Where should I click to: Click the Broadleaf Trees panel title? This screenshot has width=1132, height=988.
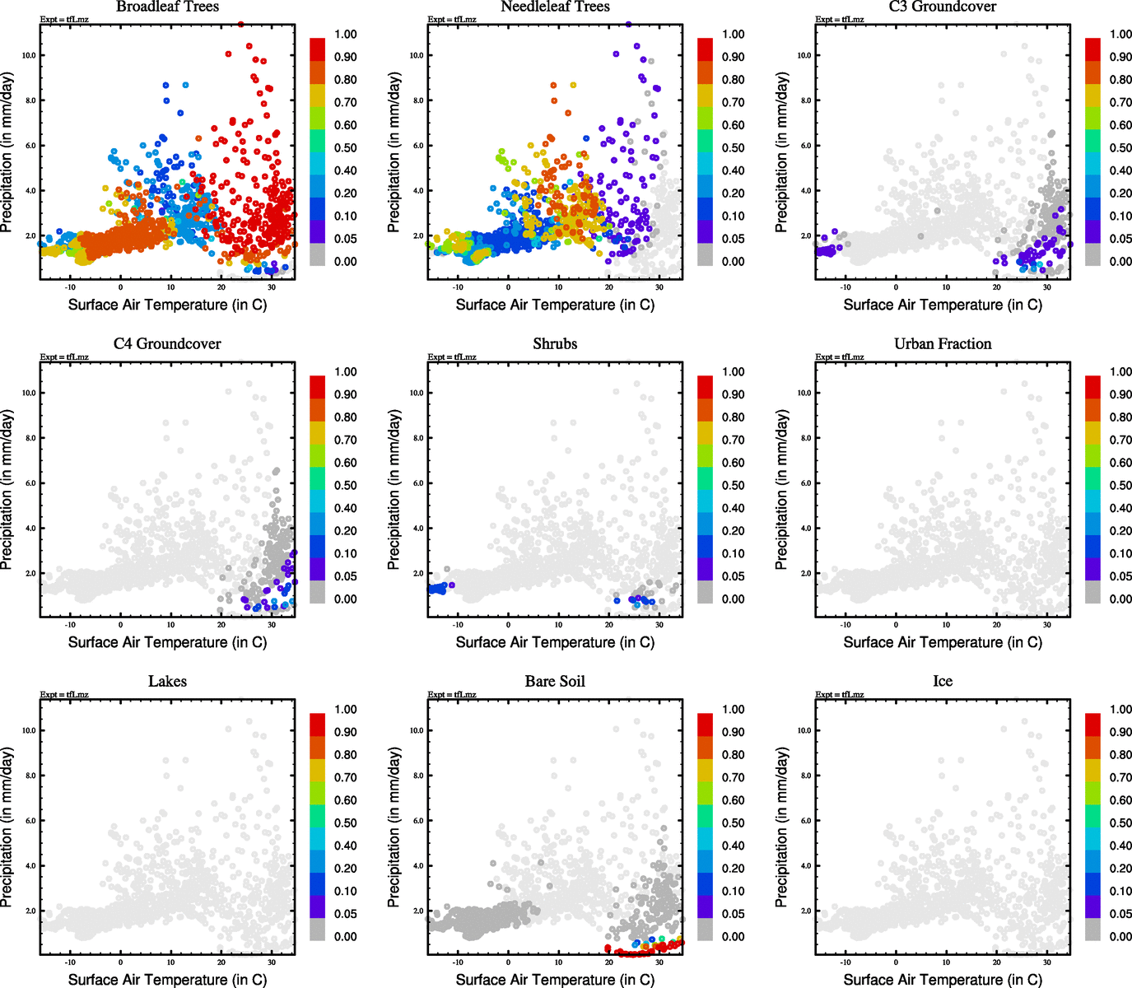pos(167,7)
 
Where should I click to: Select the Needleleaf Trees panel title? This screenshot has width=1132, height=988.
pos(555,7)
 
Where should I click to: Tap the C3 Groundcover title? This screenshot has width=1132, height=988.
pos(943,7)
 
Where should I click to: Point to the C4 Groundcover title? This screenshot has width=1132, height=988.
pos(167,344)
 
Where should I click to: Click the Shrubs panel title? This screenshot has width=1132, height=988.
pos(555,344)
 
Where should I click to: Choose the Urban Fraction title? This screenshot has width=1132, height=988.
pos(943,344)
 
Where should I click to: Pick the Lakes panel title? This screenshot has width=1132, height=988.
pos(167,682)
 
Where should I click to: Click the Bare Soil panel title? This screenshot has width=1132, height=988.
pos(555,682)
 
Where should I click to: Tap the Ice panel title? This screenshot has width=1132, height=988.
pos(943,682)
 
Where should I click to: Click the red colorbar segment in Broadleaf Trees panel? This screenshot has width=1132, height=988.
pos(318,49)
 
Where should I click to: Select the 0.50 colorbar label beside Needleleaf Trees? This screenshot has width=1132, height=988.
pos(734,148)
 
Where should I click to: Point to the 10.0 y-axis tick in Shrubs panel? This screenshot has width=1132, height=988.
pos(417,394)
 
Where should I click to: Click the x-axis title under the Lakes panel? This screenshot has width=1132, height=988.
pos(167,980)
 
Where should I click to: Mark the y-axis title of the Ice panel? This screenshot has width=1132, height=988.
pos(781,827)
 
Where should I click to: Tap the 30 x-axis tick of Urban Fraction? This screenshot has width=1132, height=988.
pos(1047,625)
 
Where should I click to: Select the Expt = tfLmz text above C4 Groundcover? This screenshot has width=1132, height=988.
pos(64,357)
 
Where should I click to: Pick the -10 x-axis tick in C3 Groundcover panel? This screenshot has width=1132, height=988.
pos(846,287)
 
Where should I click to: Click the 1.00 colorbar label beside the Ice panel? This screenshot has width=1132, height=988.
pos(1120,710)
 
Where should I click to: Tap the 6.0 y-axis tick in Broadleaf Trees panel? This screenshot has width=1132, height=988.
pos(30,146)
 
